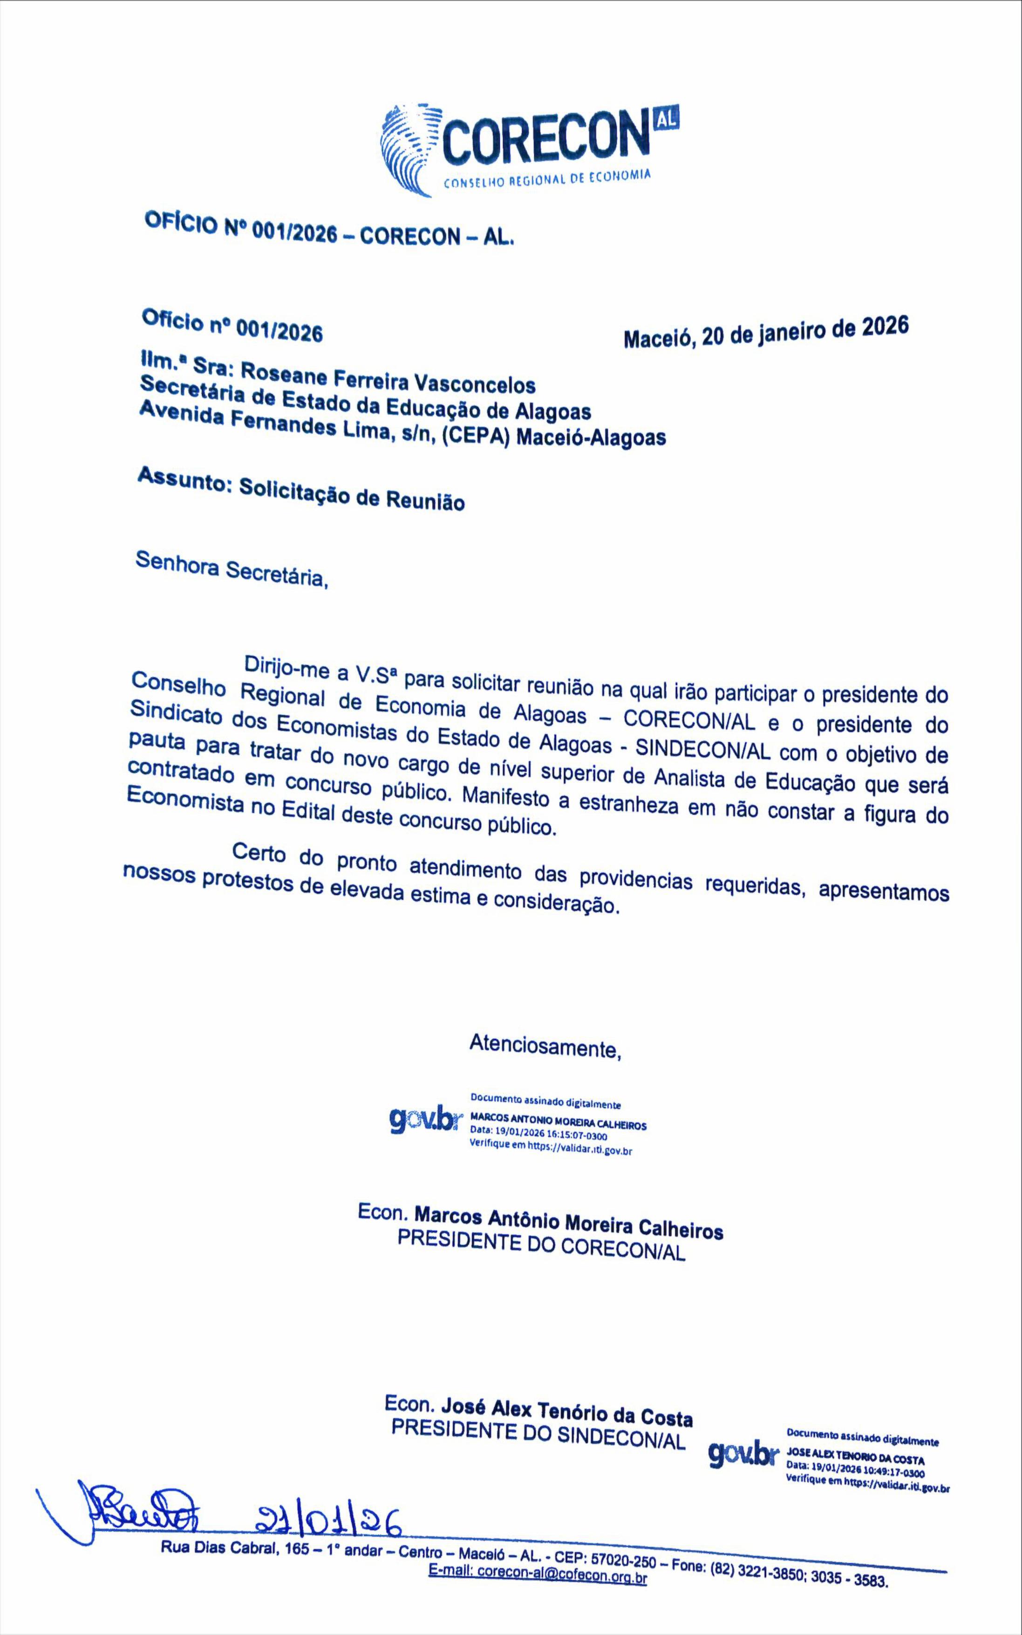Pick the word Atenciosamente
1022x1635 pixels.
coord(545,1047)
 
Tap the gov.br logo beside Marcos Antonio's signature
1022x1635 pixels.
coord(424,1122)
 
